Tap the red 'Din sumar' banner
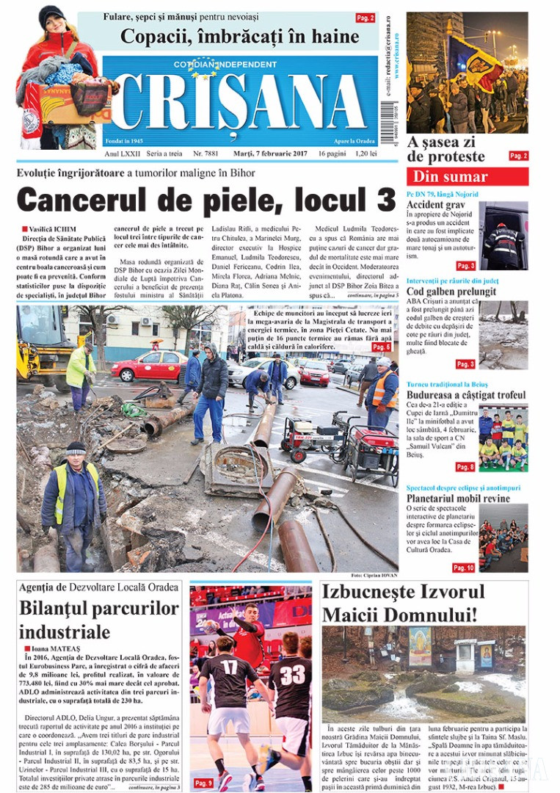(467, 176)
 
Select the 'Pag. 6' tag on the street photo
(381, 347)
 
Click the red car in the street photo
(150, 366)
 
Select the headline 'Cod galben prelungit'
(451, 292)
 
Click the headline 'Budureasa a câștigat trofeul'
(467, 395)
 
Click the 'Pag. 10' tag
(463, 568)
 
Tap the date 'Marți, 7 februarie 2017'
(266, 154)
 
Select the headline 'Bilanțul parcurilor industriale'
(99, 620)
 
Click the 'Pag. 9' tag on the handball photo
(203, 783)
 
